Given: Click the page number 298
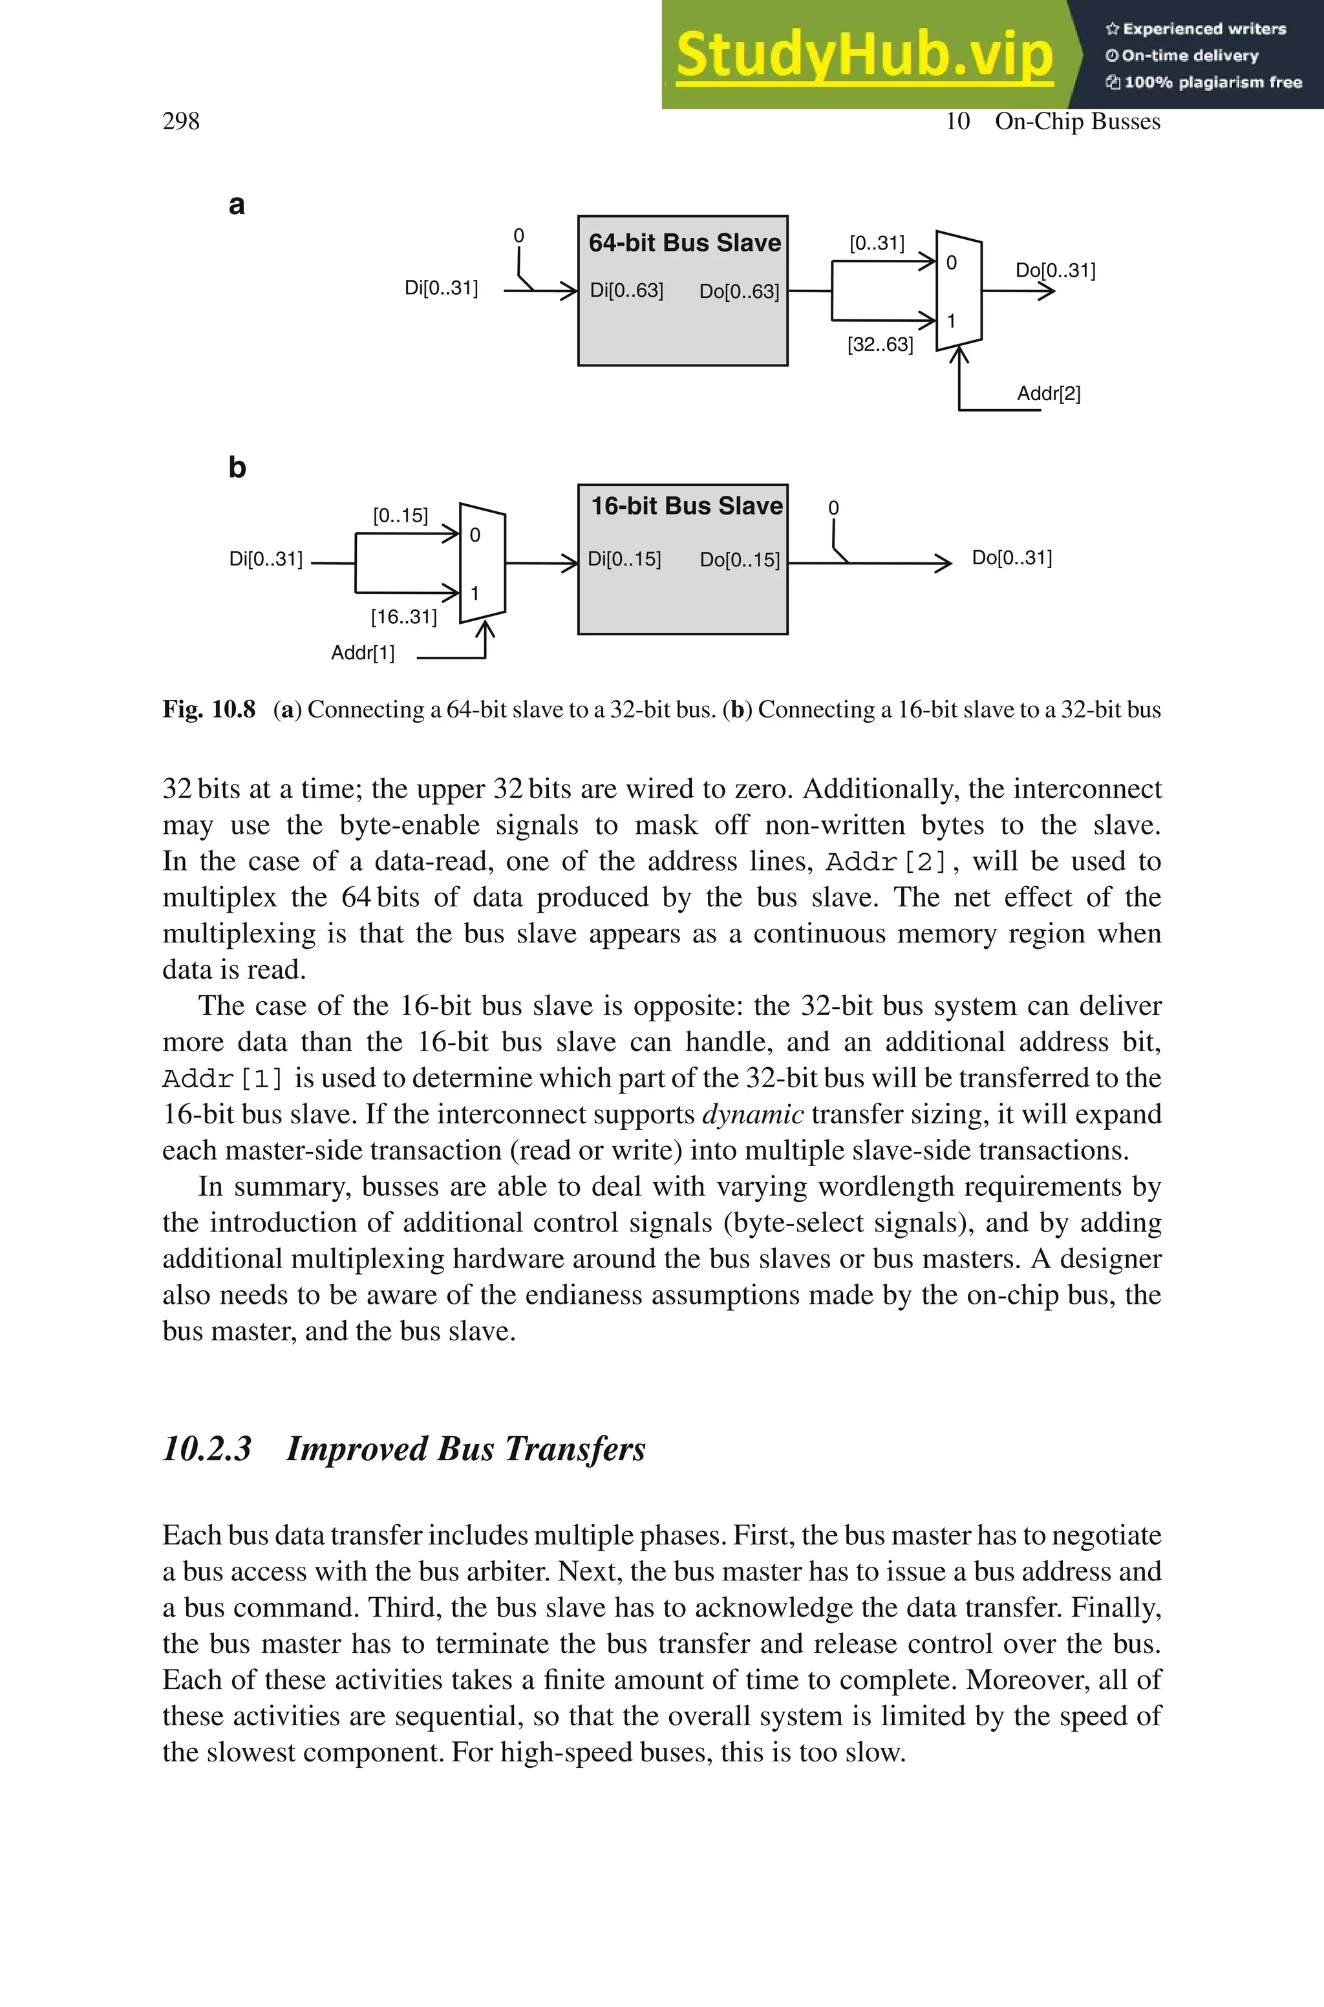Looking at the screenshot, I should pyautogui.click(x=181, y=122).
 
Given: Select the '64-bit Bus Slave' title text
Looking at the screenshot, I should pyautogui.click(x=684, y=243).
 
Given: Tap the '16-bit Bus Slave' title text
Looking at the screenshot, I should pyautogui.click(x=686, y=505).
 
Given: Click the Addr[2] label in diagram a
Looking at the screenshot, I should pyautogui.click(x=1048, y=393).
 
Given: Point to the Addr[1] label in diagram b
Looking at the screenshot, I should pyautogui.click(x=362, y=652).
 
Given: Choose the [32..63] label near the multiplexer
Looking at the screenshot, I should pyautogui.click(x=880, y=345).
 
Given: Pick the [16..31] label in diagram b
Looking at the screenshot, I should pyautogui.click(x=403, y=617).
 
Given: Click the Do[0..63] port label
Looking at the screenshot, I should pyautogui.click(x=739, y=291).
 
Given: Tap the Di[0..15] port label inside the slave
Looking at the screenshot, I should pyautogui.click(x=624, y=558).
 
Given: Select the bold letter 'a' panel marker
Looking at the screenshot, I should pyautogui.click(x=237, y=204).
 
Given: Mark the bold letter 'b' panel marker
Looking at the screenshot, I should pyautogui.click(x=237, y=467).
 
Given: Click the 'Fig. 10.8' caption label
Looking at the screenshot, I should pyautogui.click(x=209, y=709).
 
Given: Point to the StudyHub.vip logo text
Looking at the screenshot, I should pyautogui.click(x=864, y=55).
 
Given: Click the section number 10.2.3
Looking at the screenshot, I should pyautogui.click(x=207, y=1449).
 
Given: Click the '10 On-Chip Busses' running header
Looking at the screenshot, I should pyautogui.click(x=1052, y=122).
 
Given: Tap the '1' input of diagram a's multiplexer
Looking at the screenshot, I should pyautogui.click(x=952, y=321).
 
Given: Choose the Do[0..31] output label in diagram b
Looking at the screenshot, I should pyautogui.click(x=1012, y=558).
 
